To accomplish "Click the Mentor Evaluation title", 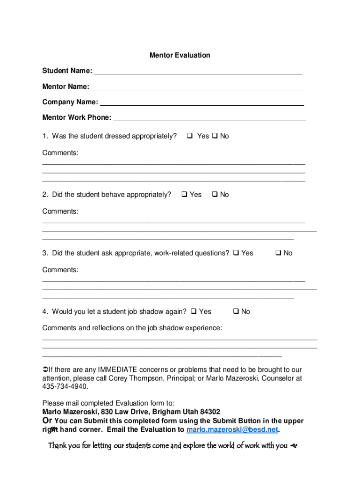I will [x=180, y=55].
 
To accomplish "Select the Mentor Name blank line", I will [x=197, y=87].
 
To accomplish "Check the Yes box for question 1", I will [x=190, y=136].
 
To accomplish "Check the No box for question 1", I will [x=215, y=136].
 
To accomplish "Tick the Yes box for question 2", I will [x=184, y=195].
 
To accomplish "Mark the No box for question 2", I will [x=215, y=195].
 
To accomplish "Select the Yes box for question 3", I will [x=236, y=253].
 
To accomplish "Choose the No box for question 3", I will [x=278, y=253].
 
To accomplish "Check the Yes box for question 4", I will [x=194, y=312].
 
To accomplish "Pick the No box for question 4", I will [x=236, y=312].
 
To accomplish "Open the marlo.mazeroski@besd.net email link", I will [x=232, y=429].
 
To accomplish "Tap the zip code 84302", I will [x=210, y=412].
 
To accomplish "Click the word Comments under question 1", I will [x=60, y=153].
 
